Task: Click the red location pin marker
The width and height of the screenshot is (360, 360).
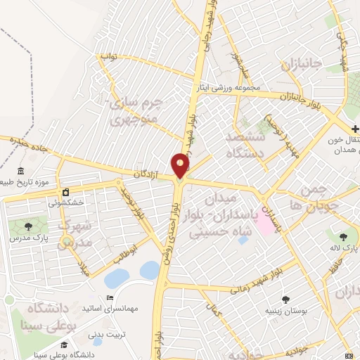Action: tap(180, 166)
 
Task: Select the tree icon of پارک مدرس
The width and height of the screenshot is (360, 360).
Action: tap(27, 226)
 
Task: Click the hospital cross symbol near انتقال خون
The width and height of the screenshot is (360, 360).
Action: tap(355, 129)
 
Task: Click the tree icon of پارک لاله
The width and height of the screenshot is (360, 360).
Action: tap(344, 237)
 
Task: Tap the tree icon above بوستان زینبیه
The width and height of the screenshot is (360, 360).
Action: tap(286, 299)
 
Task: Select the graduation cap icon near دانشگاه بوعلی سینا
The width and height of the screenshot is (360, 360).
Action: tap(65, 344)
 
